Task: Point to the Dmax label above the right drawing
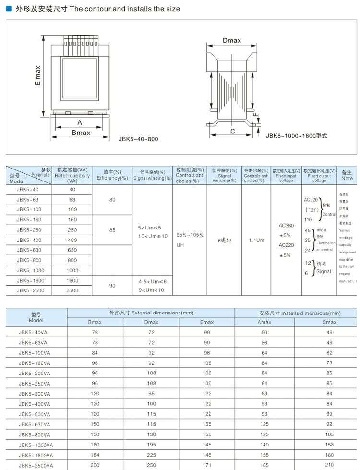[232, 41]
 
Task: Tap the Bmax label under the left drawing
[81, 133]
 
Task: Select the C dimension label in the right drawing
[232, 131]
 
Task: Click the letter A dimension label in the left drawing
[80, 123]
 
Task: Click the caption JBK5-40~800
[138, 139]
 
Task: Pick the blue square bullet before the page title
[8, 9]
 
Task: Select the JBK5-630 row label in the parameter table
[29, 250]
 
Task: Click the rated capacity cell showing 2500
[72, 290]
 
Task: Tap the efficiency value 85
[112, 230]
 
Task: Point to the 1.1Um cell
[256, 240]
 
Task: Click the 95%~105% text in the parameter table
[190, 235]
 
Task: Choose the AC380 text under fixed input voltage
[286, 225]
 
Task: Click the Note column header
[347, 175]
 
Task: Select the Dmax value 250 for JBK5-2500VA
[151, 465]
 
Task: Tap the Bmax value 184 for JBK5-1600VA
[95, 455]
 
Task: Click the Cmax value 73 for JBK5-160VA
[329, 363]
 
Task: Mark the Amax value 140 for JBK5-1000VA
[264, 445]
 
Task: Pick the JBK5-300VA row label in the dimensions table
[35, 394]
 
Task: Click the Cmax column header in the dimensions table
[329, 322]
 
